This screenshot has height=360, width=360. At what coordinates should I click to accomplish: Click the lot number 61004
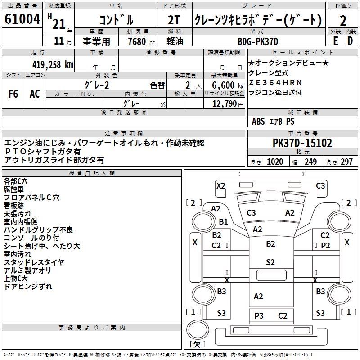pos(22,20)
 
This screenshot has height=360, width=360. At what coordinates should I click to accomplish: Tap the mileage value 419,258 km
pos(53,64)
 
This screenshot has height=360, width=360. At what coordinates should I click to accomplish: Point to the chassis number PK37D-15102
pos(302,143)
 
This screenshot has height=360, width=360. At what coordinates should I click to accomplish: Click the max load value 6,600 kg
pos(224,85)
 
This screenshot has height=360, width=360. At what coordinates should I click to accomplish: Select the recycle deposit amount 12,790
pos(224,104)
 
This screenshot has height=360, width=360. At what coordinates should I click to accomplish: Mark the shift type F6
pos(13,94)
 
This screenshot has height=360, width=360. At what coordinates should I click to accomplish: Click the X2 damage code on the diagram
pos(220,185)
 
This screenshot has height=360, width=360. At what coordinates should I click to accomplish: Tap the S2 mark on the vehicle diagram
pos(270,262)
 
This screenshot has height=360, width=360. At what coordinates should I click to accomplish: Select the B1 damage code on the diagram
pos(223,222)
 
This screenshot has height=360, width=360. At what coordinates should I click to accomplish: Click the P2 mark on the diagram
pos(325,245)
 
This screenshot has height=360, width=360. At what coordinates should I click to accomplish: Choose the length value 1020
pos(275,162)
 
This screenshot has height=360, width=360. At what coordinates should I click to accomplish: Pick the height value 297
pos(346,162)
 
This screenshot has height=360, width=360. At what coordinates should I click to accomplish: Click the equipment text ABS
pos(258,121)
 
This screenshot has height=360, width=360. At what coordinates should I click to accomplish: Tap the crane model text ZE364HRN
pos(275,83)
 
